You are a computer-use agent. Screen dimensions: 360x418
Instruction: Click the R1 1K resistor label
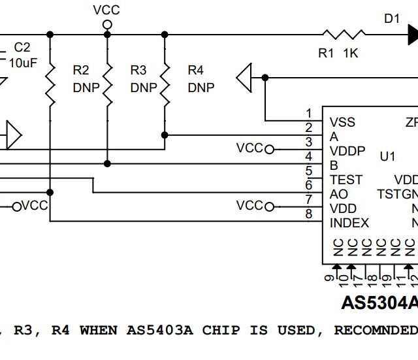[x=338, y=54]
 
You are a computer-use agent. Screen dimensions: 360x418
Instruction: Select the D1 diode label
[x=391, y=19]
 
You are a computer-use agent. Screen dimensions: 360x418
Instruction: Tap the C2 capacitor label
[x=22, y=48]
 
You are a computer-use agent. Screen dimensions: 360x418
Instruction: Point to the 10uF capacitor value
[x=24, y=63]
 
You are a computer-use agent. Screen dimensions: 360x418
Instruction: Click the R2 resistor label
[x=82, y=70]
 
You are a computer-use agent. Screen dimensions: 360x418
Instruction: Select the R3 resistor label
[x=139, y=70]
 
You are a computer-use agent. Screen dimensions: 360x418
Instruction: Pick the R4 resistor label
[x=196, y=70]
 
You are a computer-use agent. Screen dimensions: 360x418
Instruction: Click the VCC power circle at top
[x=106, y=24]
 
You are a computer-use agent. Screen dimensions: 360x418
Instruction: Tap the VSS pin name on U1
[x=343, y=122]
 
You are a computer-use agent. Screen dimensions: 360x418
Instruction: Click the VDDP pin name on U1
[x=347, y=151]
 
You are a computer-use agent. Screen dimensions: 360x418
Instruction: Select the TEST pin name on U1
[x=346, y=180]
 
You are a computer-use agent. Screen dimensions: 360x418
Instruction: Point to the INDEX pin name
[x=349, y=223]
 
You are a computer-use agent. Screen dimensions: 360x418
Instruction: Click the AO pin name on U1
[x=339, y=194]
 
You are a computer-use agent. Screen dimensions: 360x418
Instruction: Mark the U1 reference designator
[x=387, y=157]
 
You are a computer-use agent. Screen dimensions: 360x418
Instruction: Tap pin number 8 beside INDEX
[x=308, y=214]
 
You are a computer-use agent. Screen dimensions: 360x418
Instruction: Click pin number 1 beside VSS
[x=308, y=114]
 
